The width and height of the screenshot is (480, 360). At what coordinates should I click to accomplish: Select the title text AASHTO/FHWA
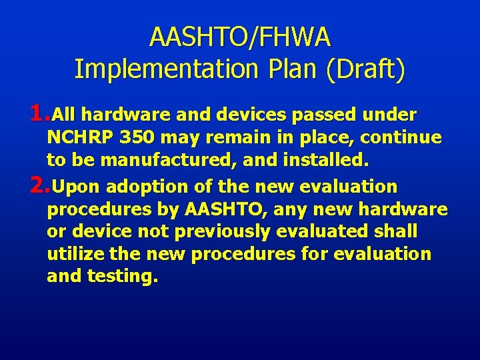(240, 37)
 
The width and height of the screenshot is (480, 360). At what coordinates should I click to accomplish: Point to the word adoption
(147, 187)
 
